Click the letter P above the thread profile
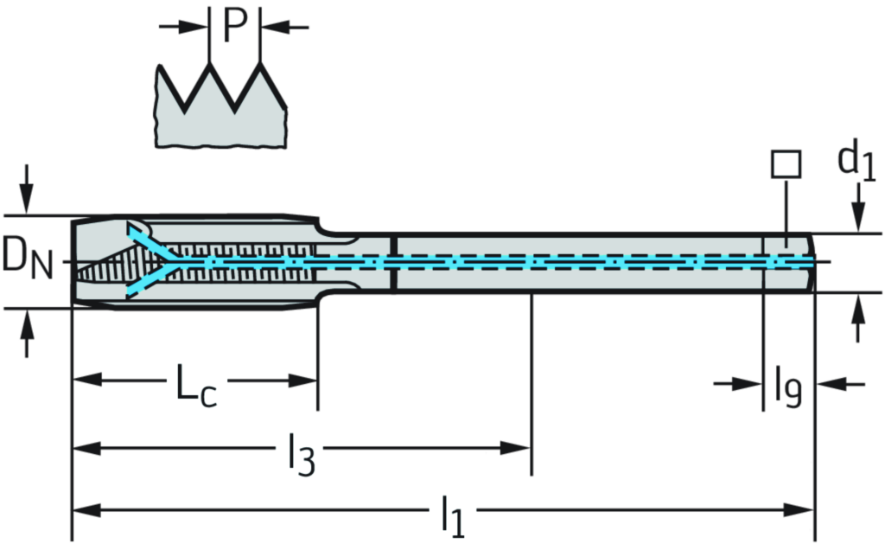[234, 26]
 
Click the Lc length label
[197, 383]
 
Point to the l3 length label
[299, 451]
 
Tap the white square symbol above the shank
[786, 163]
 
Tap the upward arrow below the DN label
[27, 333]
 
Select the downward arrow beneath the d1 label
[857, 212]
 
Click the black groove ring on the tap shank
[392, 263]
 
